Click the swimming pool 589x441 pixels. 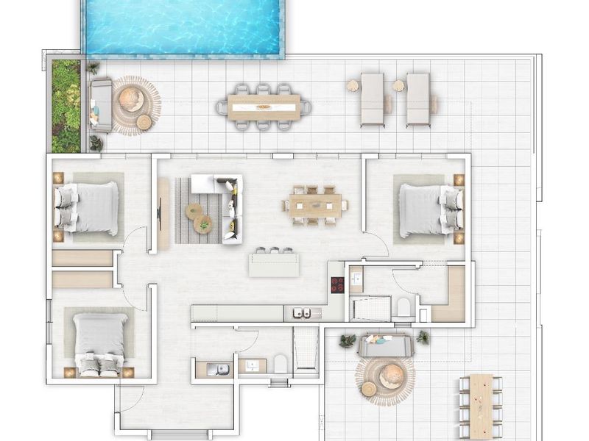183,28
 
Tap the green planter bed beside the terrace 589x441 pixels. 66,105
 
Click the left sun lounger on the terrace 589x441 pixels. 372,99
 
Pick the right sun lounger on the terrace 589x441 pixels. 419,99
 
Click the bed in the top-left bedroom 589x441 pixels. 88,208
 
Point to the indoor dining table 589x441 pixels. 316,204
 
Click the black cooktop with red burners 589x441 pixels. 337,284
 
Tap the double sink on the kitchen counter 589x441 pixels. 301,314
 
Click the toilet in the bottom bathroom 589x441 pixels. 280,363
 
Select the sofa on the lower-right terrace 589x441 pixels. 385,344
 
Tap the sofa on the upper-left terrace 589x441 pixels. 100,105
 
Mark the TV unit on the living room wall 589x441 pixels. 163,212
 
